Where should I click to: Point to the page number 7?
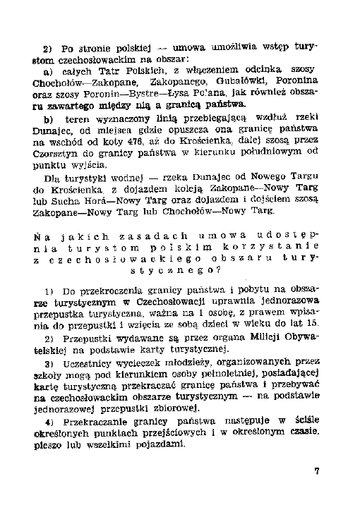click(317, 471)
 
